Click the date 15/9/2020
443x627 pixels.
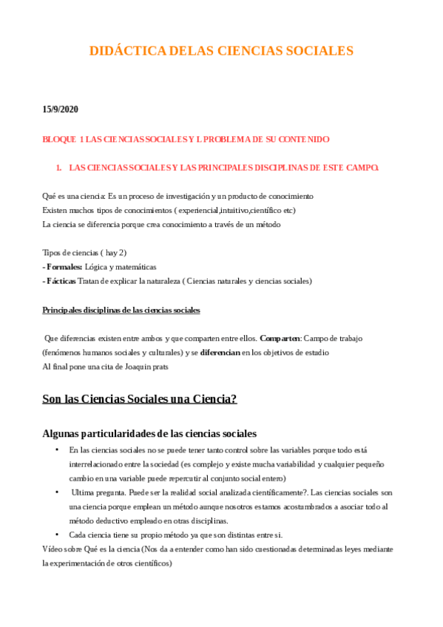61,109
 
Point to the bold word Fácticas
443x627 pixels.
64,281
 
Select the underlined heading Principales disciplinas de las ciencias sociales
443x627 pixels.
121,310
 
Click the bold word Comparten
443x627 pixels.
280,338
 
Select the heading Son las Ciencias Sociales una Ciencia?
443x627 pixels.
140,399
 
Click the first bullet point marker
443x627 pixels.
57,450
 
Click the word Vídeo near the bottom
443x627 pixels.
53,549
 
